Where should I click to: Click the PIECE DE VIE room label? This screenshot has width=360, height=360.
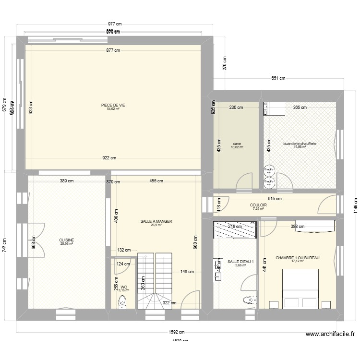tap(113, 105)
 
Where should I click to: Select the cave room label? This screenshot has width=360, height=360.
tap(237, 143)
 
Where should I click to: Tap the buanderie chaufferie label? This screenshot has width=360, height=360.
tap(300, 143)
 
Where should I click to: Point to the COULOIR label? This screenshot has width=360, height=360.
tap(258, 205)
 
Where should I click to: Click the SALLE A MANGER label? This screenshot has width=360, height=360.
tap(156, 221)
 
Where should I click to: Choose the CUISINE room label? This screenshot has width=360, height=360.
tap(66, 240)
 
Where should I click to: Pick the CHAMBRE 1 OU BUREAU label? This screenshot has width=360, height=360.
tap(298, 258)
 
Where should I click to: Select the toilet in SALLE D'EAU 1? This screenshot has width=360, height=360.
tap(249, 301)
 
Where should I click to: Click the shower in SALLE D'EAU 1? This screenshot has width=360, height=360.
tap(236, 229)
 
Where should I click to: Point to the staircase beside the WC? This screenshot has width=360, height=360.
tap(155, 281)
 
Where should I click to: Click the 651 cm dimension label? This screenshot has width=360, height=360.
tap(278, 78)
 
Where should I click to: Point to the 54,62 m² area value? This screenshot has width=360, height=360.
tap(113, 109)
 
